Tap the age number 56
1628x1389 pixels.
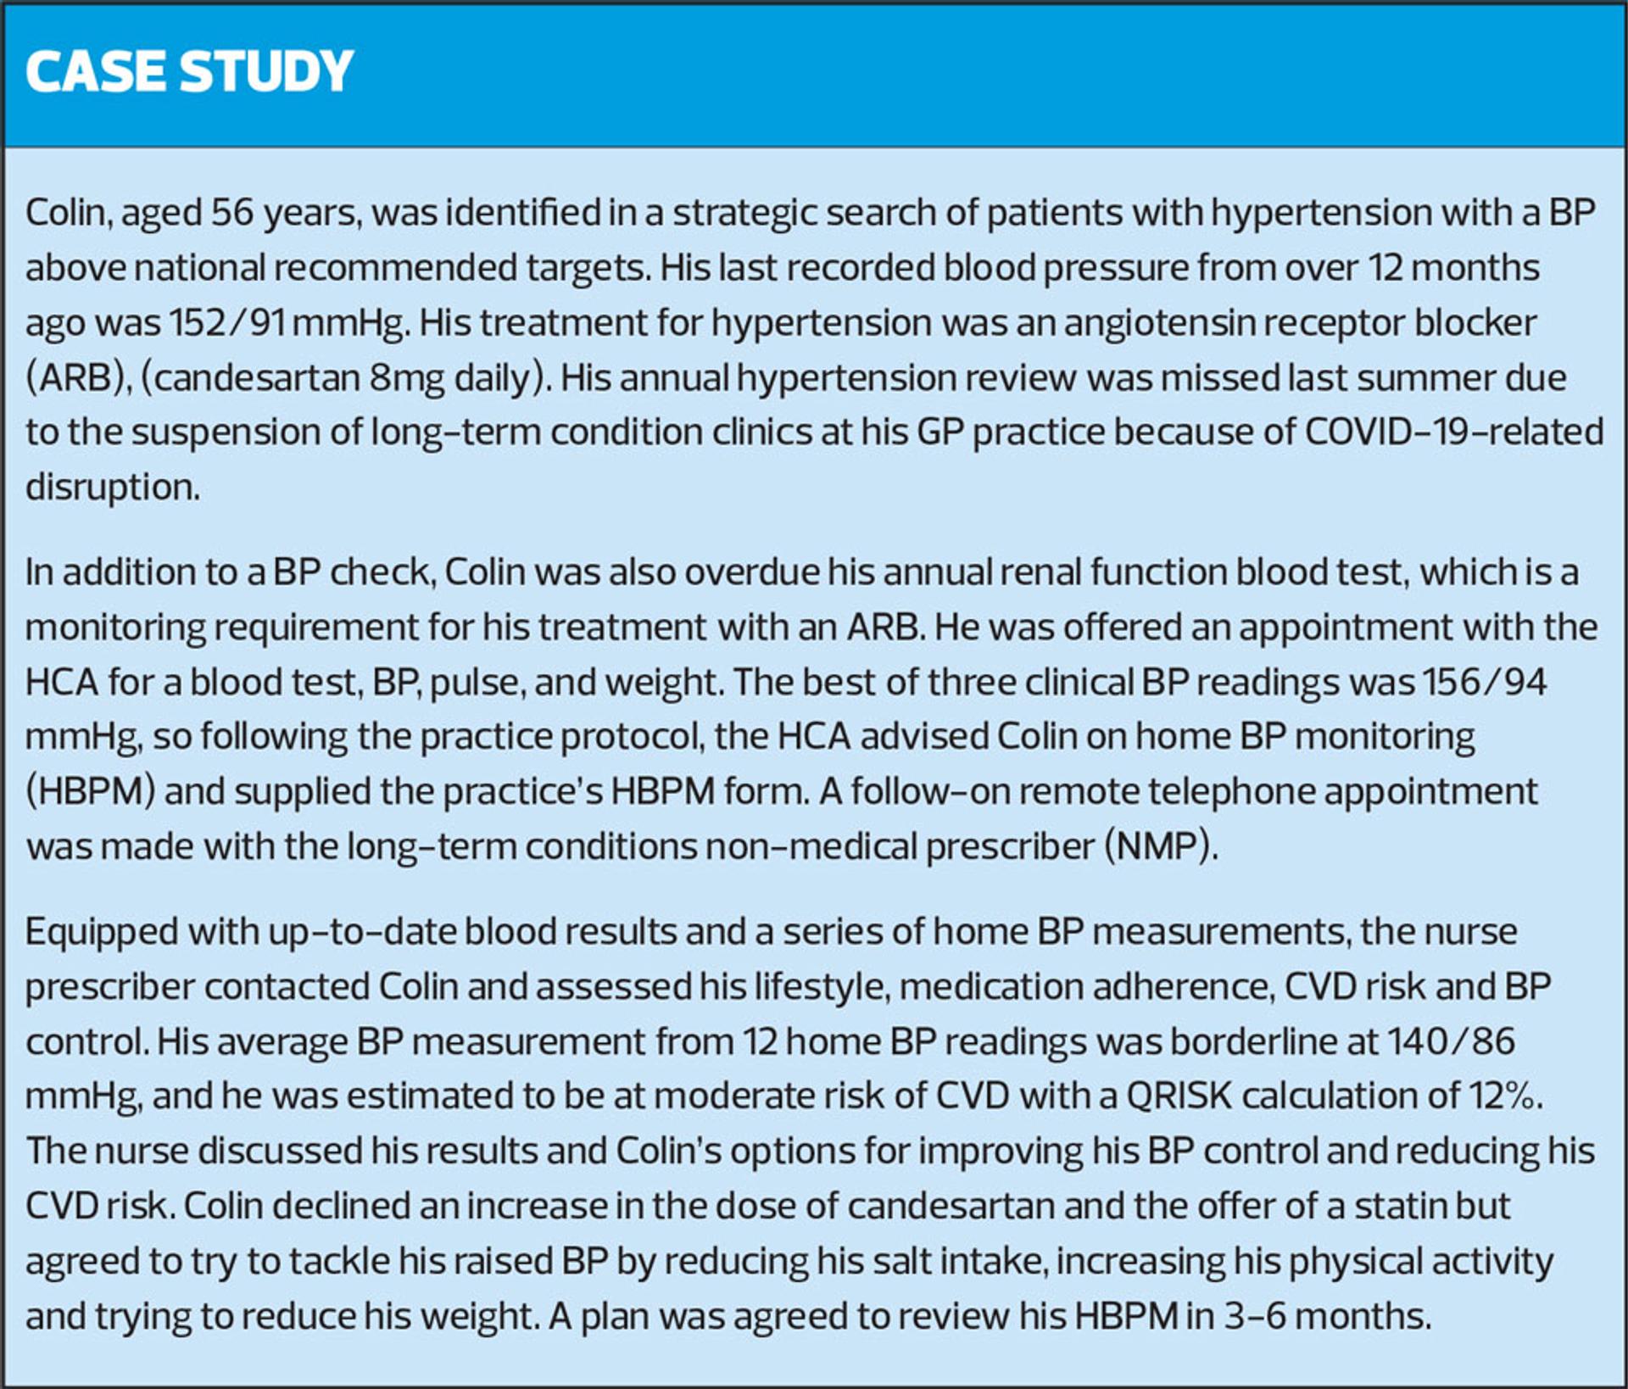231,213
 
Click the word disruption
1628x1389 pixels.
112,488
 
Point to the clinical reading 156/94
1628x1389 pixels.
1483,683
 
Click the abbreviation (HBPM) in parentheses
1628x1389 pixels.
90,792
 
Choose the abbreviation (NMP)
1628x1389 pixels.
1161,847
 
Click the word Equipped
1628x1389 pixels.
101,933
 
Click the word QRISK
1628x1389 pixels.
1178,1096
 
